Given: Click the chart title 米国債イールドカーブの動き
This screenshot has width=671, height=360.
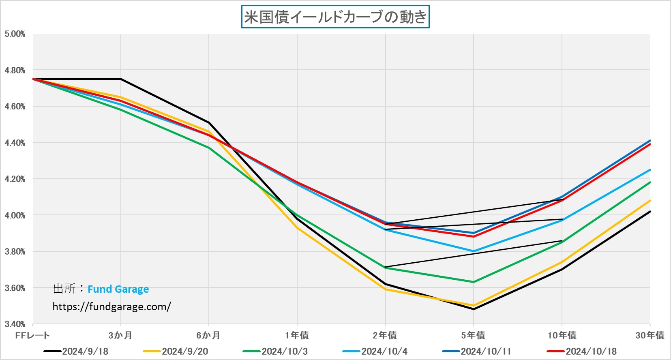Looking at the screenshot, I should tap(335, 17).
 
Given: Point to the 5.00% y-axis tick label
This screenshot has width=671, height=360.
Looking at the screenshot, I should tap(15, 34).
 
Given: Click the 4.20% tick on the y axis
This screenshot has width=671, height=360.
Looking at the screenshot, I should tap(15, 179).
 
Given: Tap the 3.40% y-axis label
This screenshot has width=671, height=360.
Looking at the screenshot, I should tap(15, 324).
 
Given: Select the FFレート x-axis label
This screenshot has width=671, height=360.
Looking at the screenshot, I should tap(32, 335).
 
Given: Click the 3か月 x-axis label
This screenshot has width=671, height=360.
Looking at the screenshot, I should tap(120, 335).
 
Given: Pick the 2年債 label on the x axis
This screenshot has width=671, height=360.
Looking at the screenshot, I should tap(385, 335).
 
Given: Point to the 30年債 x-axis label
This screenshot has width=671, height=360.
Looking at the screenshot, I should tap(650, 335).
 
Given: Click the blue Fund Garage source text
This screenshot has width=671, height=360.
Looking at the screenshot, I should tap(118, 289).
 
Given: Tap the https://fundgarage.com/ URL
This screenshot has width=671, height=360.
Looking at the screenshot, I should tap(112, 306).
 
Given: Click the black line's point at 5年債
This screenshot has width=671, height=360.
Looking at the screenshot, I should tap(474, 309).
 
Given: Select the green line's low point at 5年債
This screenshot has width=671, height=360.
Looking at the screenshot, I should tap(474, 282).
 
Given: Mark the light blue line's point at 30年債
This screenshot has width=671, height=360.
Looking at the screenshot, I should tap(650, 170).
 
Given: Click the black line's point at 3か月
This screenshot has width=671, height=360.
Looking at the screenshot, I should tap(121, 79).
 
